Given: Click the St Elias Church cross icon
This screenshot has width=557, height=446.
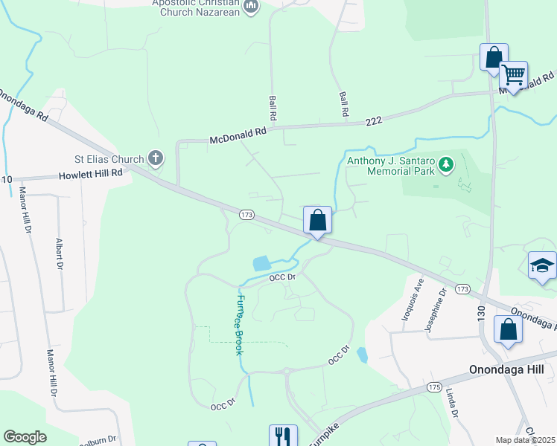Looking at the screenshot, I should click(x=155, y=158).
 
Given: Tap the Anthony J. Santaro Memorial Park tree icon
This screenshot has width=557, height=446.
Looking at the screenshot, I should click(x=446, y=164).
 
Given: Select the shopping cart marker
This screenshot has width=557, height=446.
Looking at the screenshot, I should click(x=513, y=75).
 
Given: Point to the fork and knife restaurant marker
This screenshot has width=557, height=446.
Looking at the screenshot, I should click(x=283, y=437).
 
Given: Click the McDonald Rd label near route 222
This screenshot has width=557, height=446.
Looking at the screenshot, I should click(x=238, y=135).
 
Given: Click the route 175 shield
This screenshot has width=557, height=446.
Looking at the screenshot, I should click(x=435, y=387).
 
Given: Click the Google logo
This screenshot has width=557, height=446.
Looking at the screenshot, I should click(x=25, y=437).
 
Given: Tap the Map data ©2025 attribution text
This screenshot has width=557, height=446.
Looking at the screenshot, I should click(x=525, y=440).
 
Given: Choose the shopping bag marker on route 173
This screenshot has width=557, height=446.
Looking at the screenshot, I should click(x=317, y=220).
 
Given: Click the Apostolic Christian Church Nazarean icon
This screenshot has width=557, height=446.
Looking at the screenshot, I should click(x=251, y=7).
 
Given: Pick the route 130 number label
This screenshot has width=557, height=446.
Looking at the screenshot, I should click(x=481, y=312).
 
